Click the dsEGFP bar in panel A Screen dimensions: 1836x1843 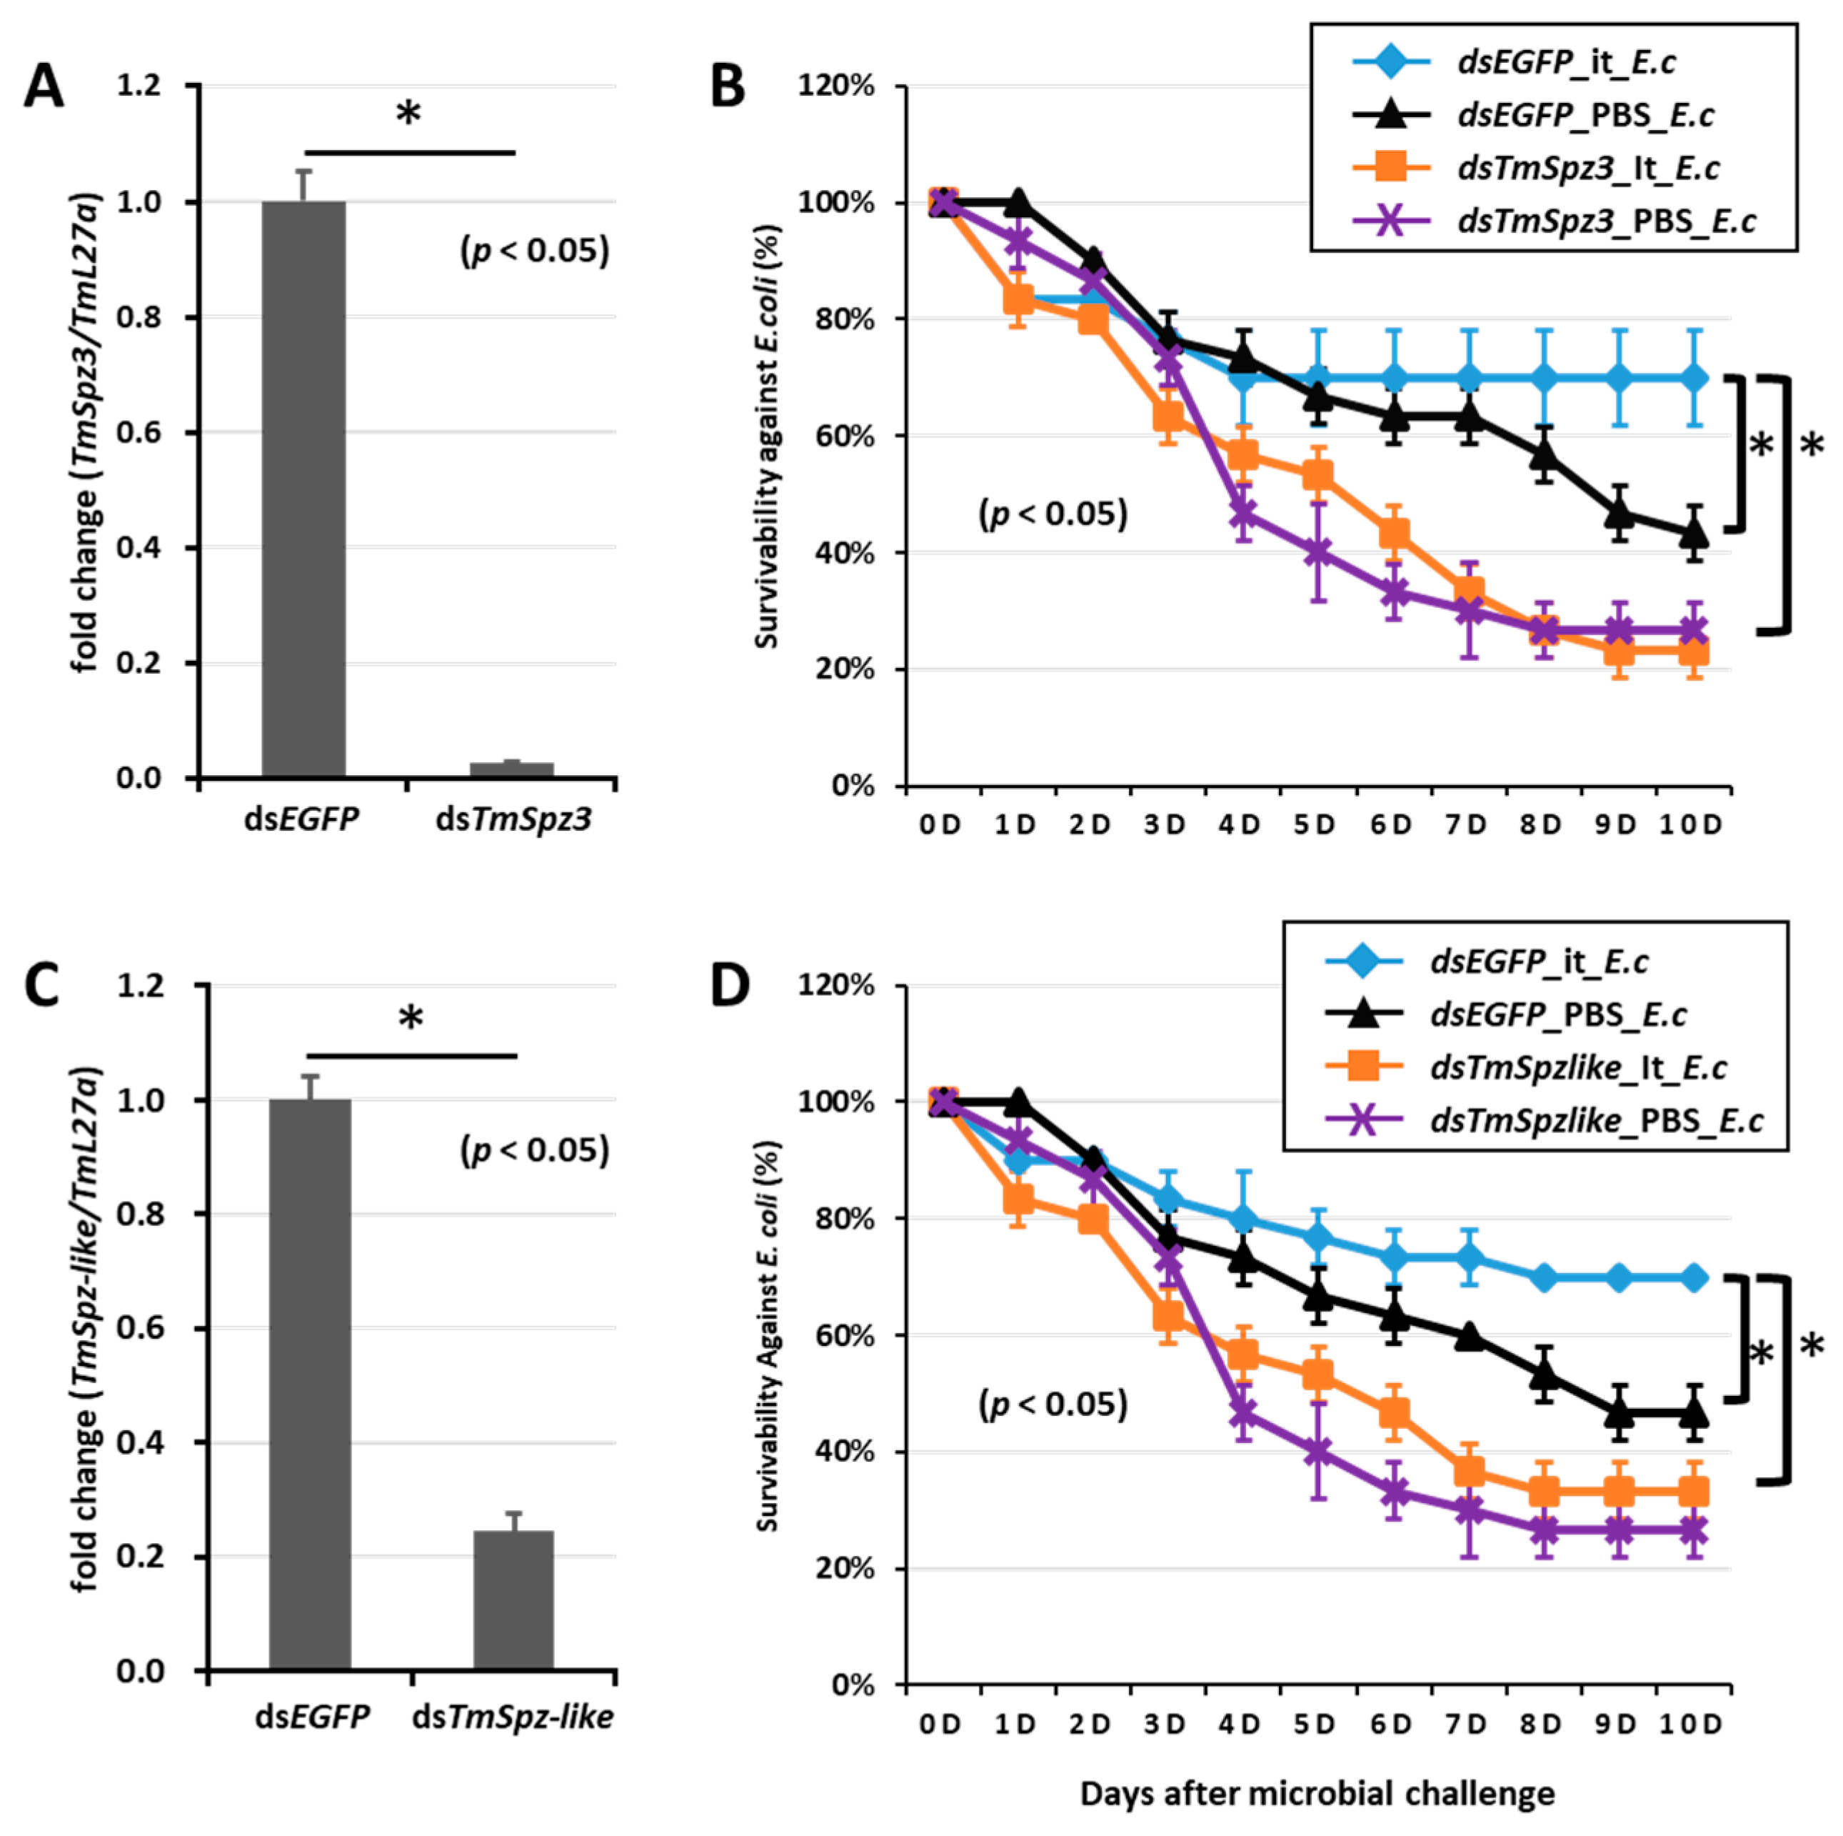(x=303, y=489)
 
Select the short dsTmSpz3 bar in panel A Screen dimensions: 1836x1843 (x=512, y=769)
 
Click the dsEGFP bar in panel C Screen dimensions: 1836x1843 (x=310, y=1384)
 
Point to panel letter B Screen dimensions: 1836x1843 (x=727, y=86)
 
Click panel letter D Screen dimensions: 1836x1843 (x=730, y=988)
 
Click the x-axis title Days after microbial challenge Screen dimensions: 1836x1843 (x=1317, y=1794)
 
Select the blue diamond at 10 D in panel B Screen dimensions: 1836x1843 (x=1693, y=379)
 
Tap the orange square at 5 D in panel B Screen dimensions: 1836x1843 (x=1317, y=474)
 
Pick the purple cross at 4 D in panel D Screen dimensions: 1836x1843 (x=1242, y=1412)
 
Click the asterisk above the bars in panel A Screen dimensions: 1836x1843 (x=408, y=114)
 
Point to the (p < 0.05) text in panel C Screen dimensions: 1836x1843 (x=534, y=1150)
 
